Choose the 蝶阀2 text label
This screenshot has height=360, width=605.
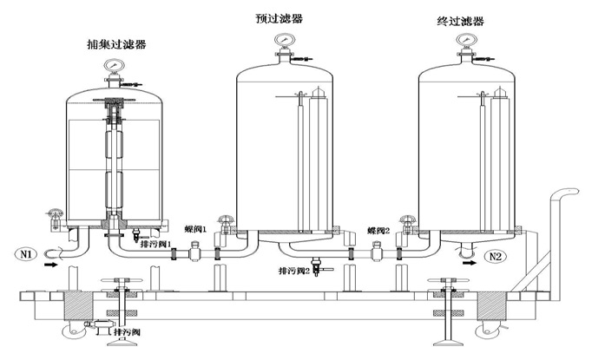tap(378, 232)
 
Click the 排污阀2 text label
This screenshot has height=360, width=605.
tap(295, 272)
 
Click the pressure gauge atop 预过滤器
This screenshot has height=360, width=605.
tap(282, 43)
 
